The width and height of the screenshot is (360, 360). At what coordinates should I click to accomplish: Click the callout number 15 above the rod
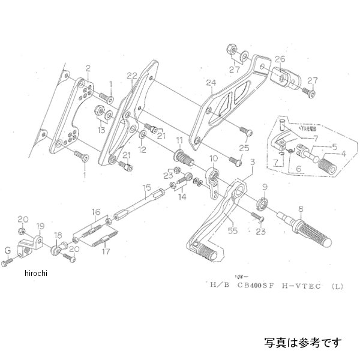(x=146, y=188)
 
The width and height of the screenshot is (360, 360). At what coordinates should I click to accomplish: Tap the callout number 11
(x=179, y=140)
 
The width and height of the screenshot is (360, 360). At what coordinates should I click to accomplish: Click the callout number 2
(x=88, y=68)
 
